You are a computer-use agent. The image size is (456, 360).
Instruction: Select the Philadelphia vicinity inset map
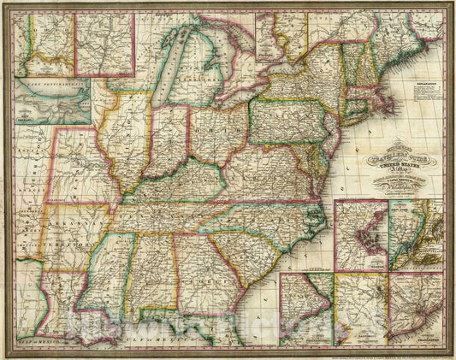click(359, 308)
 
